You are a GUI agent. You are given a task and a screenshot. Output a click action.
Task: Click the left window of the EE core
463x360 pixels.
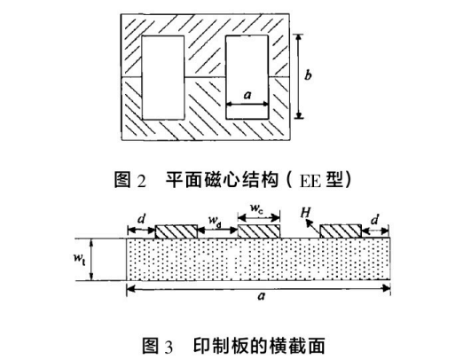pyautogui.click(x=163, y=78)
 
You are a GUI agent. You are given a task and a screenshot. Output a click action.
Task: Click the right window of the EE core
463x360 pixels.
pyautogui.click(x=247, y=77)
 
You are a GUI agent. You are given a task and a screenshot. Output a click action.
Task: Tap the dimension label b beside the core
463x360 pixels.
pyautogui.click(x=308, y=75)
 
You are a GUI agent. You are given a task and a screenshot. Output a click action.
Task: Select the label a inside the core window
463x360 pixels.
pyautogui.click(x=247, y=95)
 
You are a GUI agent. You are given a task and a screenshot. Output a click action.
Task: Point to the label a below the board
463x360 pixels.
pyautogui.click(x=261, y=296)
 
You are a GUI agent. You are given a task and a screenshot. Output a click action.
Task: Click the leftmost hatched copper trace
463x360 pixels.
pyautogui.click(x=177, y=231)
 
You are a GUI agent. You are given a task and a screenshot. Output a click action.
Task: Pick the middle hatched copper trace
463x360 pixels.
pyautogui.click(x=259, y=231)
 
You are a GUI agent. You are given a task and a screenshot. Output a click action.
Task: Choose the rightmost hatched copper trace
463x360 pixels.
pyautogui.click(x=341, y=231)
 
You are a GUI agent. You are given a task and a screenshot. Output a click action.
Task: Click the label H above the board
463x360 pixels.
pyautogui.click(x=306, y=213)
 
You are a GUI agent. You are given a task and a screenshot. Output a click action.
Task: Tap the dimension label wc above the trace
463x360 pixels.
pyautogui.click(x=256, y=208)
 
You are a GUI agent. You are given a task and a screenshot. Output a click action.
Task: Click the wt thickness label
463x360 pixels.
pyautogui.click(x=80, y=259)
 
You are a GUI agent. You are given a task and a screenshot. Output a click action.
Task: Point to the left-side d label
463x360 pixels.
pyautogui.click(x=142, y=219)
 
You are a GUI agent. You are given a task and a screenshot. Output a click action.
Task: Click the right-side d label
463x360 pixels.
pyautogui.click(x=374, y=220)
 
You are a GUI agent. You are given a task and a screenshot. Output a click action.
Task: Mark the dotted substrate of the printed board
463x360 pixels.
pyautogui.click(x=258, y=259)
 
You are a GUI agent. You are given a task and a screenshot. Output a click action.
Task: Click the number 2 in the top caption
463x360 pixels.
pyautogui.click(x=142, y=181)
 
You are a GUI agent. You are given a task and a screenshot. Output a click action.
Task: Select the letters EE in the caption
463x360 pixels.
pyautogui.click(x=310, y=181)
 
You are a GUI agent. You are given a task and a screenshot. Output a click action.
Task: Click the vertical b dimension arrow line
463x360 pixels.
pyautogui.click(x=299, y=76)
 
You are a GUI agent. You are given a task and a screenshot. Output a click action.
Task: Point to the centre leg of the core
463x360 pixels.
pyautogui.click(x=205, y=78)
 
